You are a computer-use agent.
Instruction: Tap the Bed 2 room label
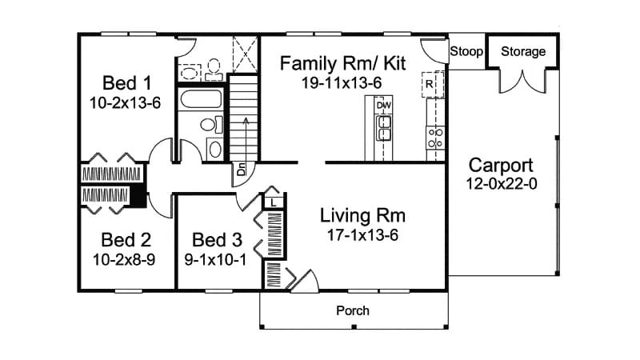click(x=127, y=239)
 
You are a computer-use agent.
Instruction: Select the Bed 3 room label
click(x=217, y=239)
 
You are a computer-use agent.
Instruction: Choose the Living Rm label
click(x=362, y=215)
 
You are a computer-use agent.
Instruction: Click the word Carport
click(x=500, y=166)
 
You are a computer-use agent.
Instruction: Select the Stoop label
click(x=466, y=52)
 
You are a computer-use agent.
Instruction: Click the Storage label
click(x=523, y=52)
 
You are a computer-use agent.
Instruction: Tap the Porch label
click(x=352, y=310)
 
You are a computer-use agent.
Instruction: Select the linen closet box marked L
click(x=274, y=203)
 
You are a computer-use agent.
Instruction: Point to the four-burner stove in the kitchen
click(x=436, y=138)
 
